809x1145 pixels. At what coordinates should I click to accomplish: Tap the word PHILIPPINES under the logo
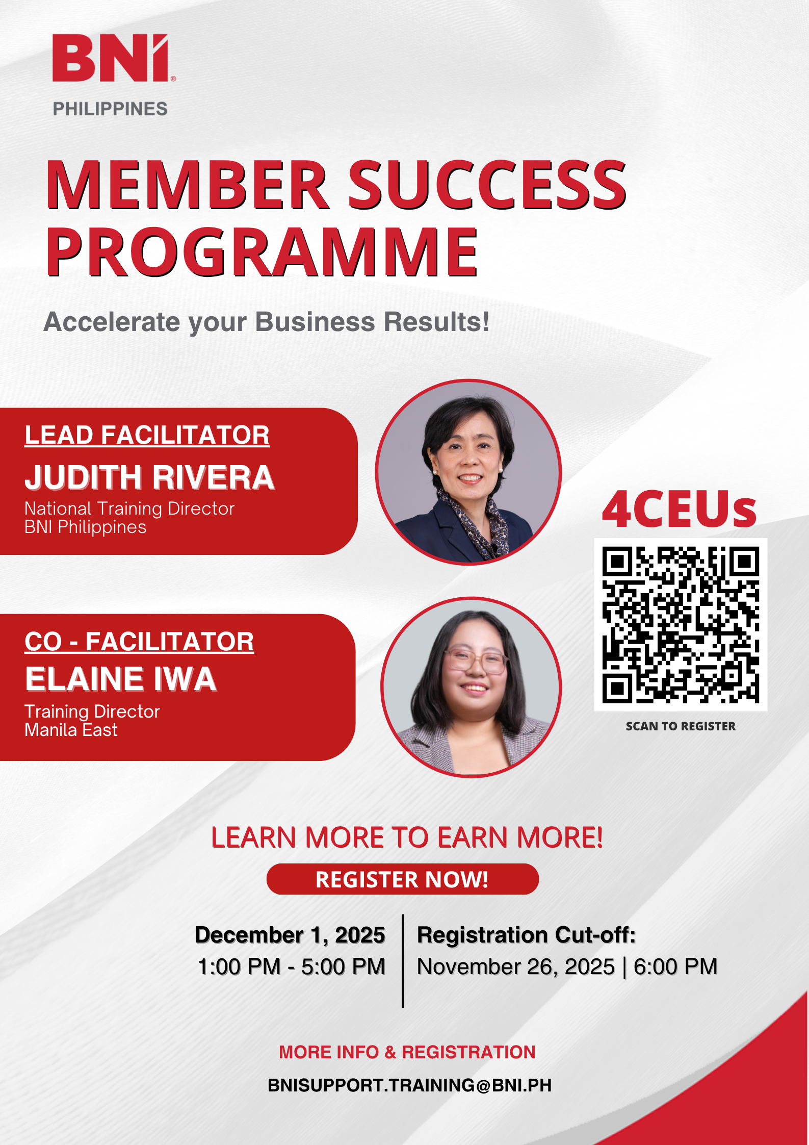110,109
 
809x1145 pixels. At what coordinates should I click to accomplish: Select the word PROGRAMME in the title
263,252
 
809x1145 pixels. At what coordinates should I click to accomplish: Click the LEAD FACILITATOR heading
147,436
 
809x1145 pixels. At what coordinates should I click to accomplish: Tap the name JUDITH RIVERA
149,477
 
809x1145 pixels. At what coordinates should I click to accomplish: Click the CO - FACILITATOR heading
139,642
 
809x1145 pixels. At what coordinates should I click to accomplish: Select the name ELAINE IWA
121,679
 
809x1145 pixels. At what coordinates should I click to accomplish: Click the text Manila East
71,730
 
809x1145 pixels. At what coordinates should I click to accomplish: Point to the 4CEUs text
679,510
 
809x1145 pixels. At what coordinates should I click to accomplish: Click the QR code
681,625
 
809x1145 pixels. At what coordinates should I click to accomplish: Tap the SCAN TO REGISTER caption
681,726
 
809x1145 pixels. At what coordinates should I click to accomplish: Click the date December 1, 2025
290,935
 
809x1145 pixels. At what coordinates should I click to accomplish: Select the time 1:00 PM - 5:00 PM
291,966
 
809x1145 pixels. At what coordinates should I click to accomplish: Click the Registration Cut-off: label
527,935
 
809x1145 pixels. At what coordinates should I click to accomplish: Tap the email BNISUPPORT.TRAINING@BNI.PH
409,1085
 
